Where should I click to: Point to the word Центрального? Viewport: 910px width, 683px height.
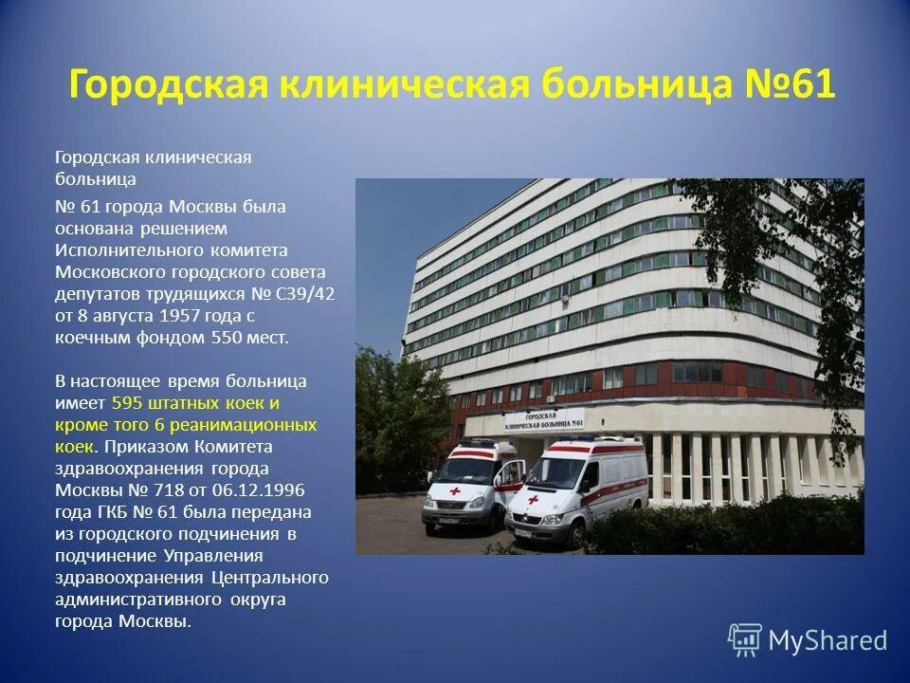coord(282,577)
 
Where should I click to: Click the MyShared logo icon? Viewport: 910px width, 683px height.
coord(744,639)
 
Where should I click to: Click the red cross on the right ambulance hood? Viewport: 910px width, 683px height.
coord(533,499)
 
